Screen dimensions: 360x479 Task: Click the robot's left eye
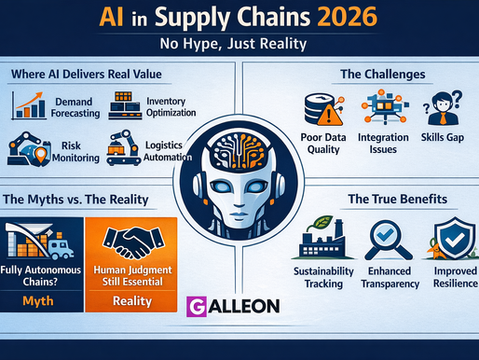(220, 189)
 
